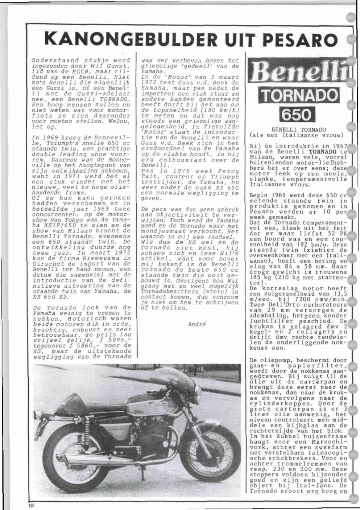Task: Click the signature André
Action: [197, 324]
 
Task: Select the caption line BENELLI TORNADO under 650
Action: [299, 129]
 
